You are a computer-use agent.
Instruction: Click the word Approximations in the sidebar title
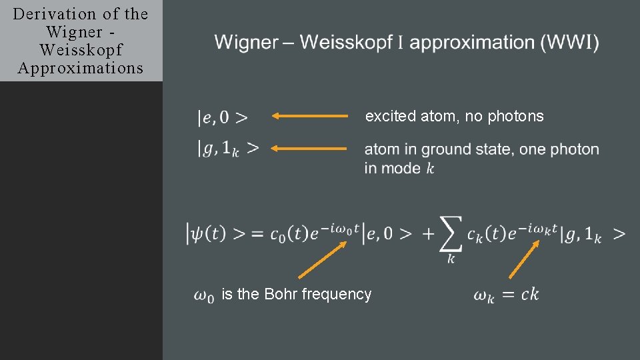click(x=81, y=68)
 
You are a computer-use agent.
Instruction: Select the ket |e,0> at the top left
click(x=223, y=118)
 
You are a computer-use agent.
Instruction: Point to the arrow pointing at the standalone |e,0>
click(x=310, y=116)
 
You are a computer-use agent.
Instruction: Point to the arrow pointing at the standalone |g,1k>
click(x=310, y=148)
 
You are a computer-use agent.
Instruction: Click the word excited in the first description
click(x=391, y=116)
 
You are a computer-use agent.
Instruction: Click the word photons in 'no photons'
click(x=516, y=116)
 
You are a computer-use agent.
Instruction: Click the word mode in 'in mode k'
click(x=401, y=168)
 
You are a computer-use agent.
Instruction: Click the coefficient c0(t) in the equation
click(x=294, y=234)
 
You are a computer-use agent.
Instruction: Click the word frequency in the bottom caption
click(x=337, y=294)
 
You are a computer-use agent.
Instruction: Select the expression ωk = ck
click(x=506, y=294)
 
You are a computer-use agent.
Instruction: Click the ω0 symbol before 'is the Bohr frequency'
click(x=204, y=295)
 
